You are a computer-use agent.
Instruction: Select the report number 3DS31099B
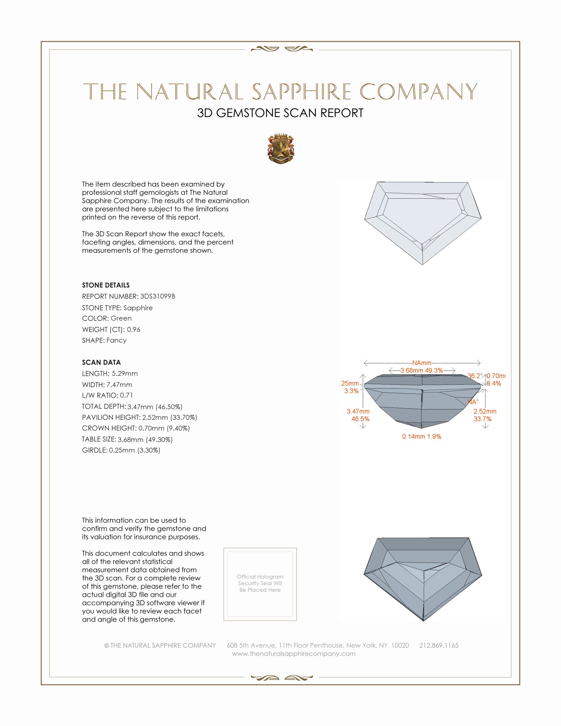tap(157, 296)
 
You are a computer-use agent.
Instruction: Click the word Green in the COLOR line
tap(121, 318)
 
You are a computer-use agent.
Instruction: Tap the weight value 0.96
tap(134, 329)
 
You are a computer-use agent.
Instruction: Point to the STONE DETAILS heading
tap(106, 285)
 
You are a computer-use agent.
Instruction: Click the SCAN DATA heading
tap(101, 362)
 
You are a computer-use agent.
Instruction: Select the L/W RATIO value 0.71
tap(126, 395)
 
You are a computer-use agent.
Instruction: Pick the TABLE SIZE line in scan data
tap(127, 440)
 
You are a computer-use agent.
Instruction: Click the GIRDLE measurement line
tap(121, 450)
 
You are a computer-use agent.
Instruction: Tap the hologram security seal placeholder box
tap(260, 584)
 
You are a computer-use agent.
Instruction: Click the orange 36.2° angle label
tap(475, 376)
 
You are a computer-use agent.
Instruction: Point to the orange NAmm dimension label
tap(422, 363)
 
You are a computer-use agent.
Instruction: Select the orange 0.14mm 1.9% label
tap(421, 437)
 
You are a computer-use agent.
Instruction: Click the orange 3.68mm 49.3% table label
tap(421, 370)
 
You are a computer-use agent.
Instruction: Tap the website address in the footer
tap(293, 653)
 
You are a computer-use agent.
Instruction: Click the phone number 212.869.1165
tap(439, 645)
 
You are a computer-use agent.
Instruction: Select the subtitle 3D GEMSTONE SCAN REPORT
tap(280, 113)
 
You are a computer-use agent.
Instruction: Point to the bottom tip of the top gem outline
tap(422, 265)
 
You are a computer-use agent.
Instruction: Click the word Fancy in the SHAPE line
tap(116, 340)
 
